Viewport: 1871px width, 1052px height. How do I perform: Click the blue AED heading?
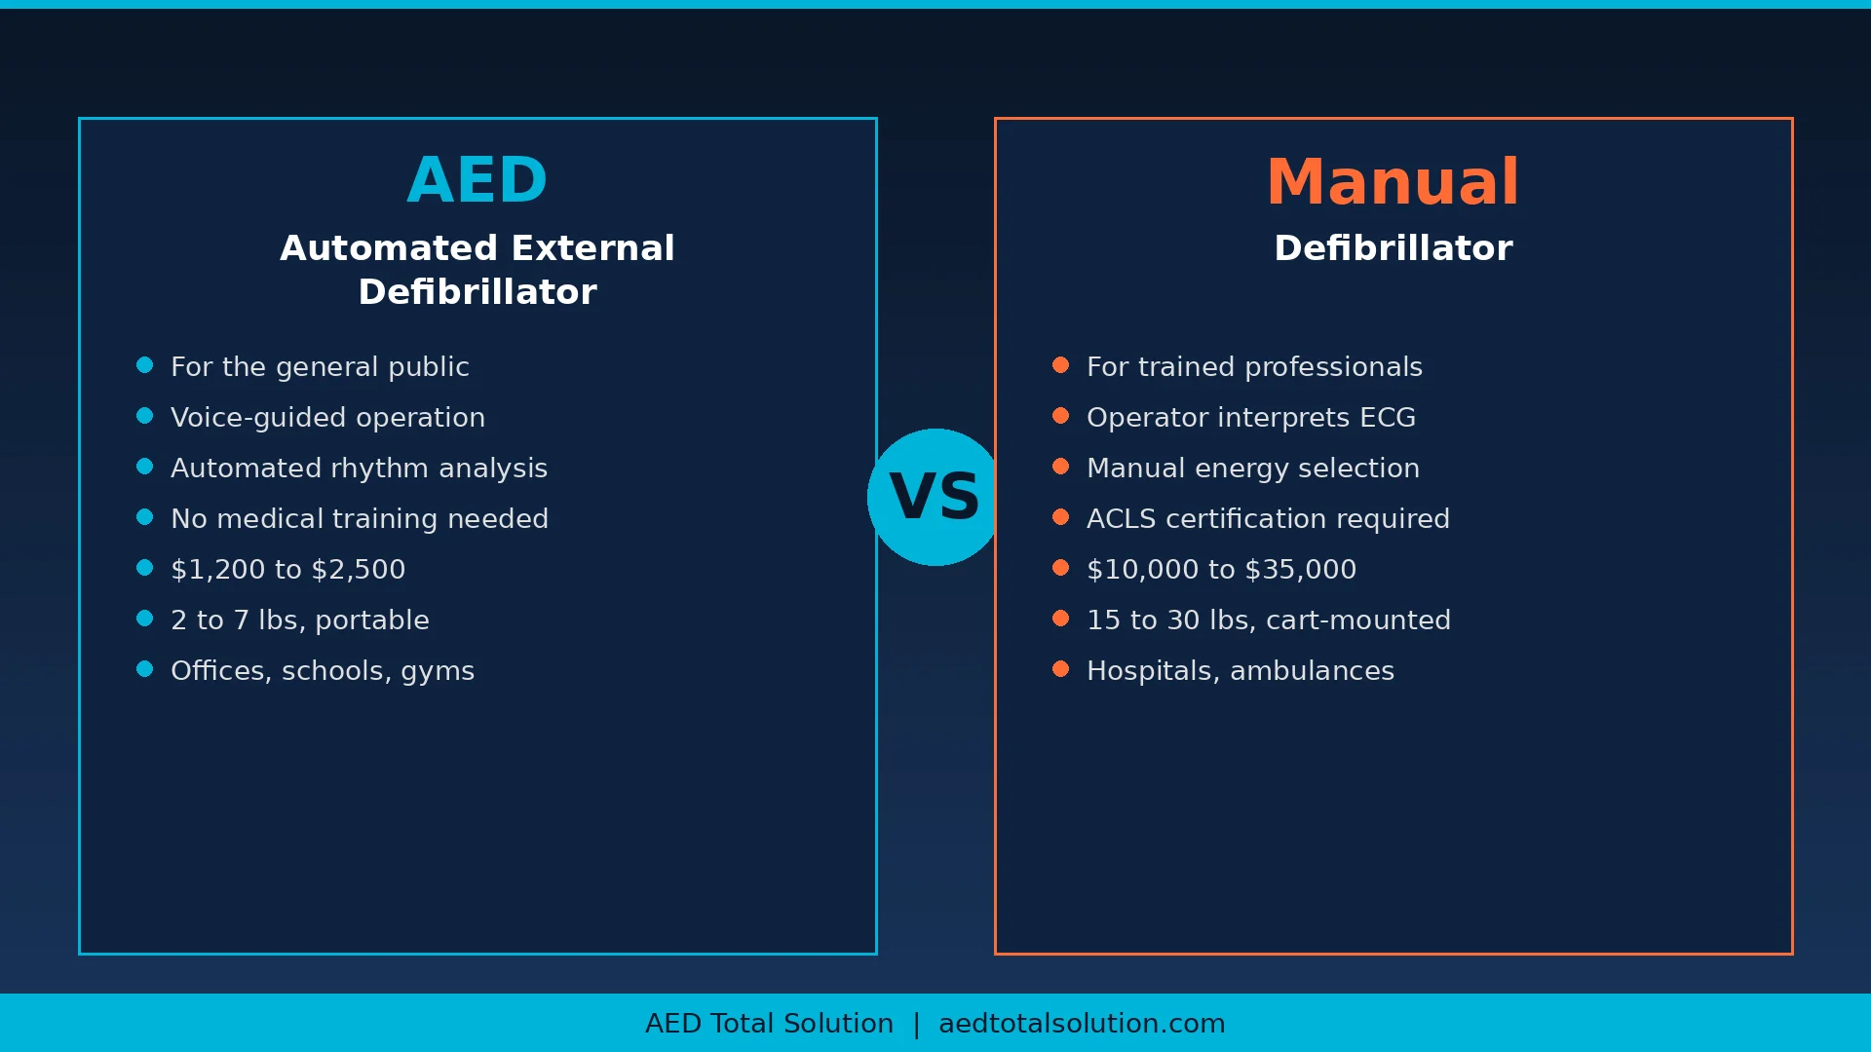[477, 180]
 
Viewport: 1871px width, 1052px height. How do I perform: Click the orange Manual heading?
[1393, 182]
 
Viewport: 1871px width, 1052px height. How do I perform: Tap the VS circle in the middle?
[935, 497]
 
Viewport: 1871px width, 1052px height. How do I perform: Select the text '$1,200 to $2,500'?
[287, 570]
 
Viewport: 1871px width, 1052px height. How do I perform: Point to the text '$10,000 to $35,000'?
[1221, 570]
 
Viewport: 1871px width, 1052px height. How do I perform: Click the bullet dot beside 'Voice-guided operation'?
[145, 416]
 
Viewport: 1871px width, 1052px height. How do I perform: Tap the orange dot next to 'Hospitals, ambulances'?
[1061, 669]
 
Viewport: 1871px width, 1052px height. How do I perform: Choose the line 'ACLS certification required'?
[1268, 519]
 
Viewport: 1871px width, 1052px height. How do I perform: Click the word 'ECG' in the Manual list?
[1388, 418]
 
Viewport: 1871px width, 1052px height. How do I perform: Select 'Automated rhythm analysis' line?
[359, 469]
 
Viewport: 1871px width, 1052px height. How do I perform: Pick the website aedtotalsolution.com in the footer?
[1082, 1024]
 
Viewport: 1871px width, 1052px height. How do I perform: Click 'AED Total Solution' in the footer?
[769, 1024]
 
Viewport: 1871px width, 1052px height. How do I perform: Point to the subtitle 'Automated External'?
[477, 248]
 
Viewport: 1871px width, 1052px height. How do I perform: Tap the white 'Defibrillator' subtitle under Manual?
[1394, 248]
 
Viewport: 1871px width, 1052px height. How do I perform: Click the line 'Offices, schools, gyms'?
[323, 671]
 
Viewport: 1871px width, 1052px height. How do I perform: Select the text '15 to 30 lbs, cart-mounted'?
[1269, 620]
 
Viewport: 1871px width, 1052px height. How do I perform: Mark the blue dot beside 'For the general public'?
[145, 365]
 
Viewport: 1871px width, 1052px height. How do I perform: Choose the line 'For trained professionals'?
[1254, 367]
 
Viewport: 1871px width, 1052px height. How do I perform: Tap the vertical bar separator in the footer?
[916, 1025]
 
